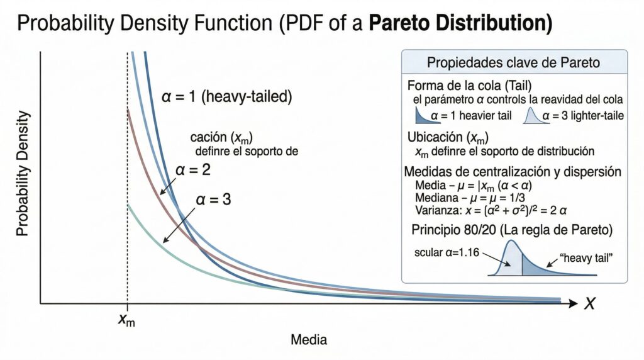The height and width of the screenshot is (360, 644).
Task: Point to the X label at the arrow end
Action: click(x=589, y=304)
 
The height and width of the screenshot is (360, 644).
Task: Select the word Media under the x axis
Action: click(x=308, y=340)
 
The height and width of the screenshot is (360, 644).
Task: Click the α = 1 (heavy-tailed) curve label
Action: click(x=226, y=98)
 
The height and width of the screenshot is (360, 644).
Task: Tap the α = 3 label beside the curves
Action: click(x=214, y=200)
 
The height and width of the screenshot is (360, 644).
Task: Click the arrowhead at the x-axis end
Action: click(x=573, y=303)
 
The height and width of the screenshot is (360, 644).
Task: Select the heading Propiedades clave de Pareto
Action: click(x=513, y=63)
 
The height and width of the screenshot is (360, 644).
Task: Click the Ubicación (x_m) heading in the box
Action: click(x=448, y=137)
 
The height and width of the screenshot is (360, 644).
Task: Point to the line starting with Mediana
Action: click(x=470, y=198)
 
